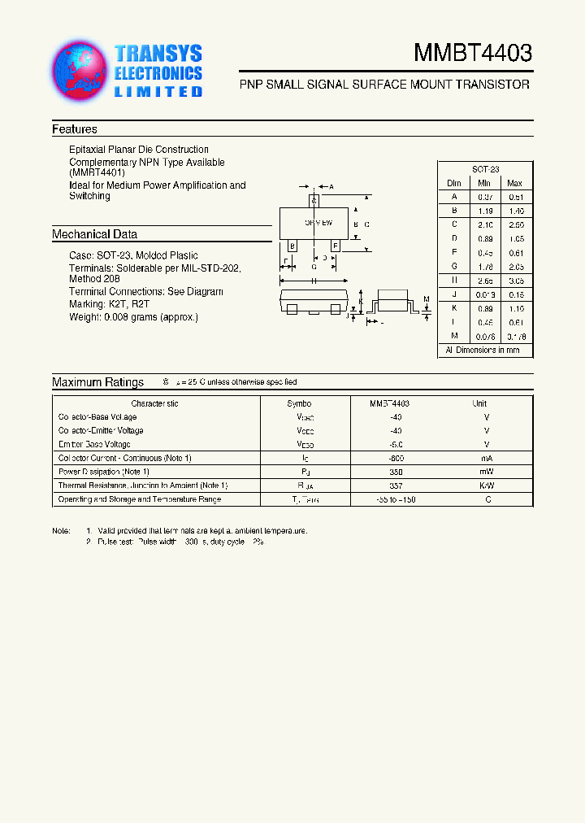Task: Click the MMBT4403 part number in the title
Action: click(473, 54)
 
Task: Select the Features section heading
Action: click(75, 129)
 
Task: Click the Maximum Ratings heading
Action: click(97, 382)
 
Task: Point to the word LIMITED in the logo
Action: click(158, 92)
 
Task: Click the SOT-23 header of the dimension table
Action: click(484, 169)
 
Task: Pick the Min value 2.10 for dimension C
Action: click(485, 224)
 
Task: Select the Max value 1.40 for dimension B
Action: click(515, 210)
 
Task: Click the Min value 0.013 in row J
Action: click(485, 294)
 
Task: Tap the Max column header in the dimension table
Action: click(515, 183)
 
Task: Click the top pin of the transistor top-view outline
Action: click(314, 199)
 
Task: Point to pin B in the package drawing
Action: click(292, 245)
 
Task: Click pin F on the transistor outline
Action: click(335, 245)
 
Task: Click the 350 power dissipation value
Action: click(396, 472)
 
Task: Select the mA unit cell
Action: click(487, 458)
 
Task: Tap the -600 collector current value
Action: click(396, 458)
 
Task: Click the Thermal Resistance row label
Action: click(143, 486)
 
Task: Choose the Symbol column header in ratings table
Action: click(299, 403)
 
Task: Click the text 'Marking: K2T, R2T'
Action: click(110, 304)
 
